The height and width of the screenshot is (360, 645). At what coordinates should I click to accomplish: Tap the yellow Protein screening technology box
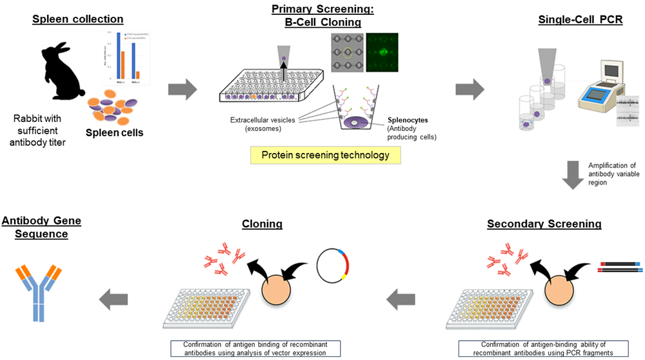pyautogui.click(x=324, y=155)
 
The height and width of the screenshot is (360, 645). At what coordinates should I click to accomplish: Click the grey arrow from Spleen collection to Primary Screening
pyautogui.click(x=182, y=90)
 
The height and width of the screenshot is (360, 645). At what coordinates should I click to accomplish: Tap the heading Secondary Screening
pyautogui.click(x=544, y=224)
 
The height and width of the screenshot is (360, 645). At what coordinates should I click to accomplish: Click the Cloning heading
pyautogui.click(x=262, y=224)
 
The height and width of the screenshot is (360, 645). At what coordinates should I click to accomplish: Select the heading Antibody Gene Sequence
pyautogui.click(x=41, y=227)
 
